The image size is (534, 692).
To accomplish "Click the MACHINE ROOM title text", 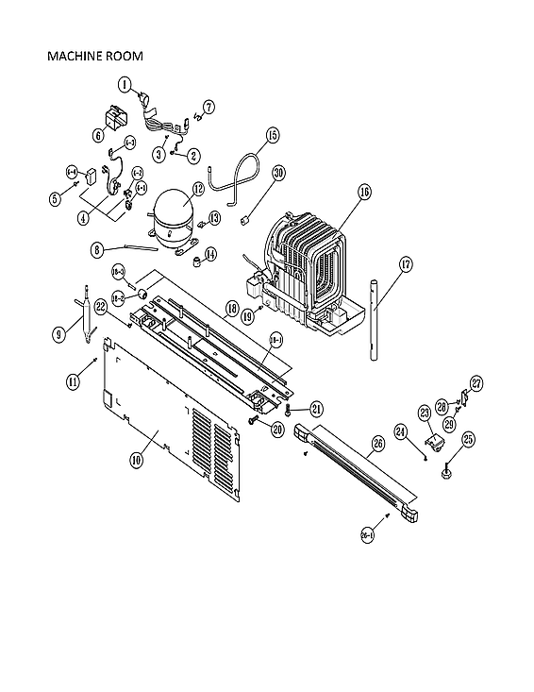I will [x=94, y=57].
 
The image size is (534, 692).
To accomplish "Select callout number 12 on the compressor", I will [x=198, y=189].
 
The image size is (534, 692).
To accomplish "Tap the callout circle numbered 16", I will [x=364, y=191].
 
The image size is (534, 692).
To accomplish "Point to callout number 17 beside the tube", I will [x=406, y=265].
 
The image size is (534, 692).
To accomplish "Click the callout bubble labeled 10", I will [x=137, y=460].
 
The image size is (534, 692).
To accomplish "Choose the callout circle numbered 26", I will [x=377, y=443].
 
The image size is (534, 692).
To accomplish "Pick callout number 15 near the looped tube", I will [x=272, y=136].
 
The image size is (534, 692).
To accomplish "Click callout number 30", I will [x=278, y=173].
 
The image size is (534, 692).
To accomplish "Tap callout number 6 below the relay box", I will [x=98, y=135].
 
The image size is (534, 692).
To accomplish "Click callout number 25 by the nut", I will [x=442, y=438].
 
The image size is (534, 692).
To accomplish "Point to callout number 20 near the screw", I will [x=277, y=430].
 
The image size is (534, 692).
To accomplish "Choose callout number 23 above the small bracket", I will [x=425, y=413].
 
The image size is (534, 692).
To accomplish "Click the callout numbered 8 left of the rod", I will [x=97, y=250].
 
